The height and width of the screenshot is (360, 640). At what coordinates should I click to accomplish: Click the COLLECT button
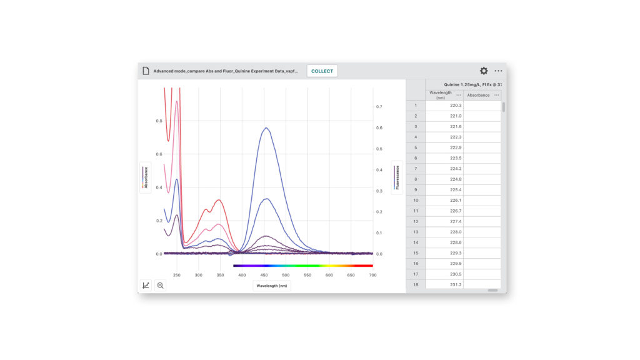pos(322,71)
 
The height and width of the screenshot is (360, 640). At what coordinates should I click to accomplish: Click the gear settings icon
pos(484,71)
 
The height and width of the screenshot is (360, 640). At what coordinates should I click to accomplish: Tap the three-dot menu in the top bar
pos(498,71)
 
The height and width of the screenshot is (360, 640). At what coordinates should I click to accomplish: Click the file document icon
pos(146,71)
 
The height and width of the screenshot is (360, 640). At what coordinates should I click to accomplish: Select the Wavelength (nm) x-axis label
pos(272,286)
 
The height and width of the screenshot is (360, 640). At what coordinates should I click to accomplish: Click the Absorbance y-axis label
pos(146,177)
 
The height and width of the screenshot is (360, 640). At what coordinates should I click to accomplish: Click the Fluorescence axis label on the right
pos(397,177)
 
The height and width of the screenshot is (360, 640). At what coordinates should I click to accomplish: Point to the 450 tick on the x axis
pos(264,275)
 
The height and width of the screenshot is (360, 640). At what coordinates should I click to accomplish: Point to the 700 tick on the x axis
pos(372,275)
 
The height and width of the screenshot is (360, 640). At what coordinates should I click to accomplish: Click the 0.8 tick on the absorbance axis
pos(159,121)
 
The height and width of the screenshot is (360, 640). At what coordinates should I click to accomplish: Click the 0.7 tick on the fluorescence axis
pos(379,107)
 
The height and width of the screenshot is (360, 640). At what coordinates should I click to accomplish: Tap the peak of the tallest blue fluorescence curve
pos(266,128)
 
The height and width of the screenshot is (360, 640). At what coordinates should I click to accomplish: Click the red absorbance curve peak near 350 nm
pos(219,200)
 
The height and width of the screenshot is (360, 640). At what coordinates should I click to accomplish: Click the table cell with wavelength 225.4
pos(444,189)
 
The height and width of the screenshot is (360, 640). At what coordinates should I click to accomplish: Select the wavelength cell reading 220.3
pos(444,106)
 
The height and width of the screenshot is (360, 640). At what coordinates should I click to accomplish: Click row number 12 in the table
pos(416,221)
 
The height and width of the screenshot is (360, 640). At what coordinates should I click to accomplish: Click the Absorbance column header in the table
pos(479,95)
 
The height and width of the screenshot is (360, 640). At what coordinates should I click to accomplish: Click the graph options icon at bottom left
pos(146,285)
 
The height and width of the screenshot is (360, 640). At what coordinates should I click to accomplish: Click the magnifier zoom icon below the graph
pos(161,285)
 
